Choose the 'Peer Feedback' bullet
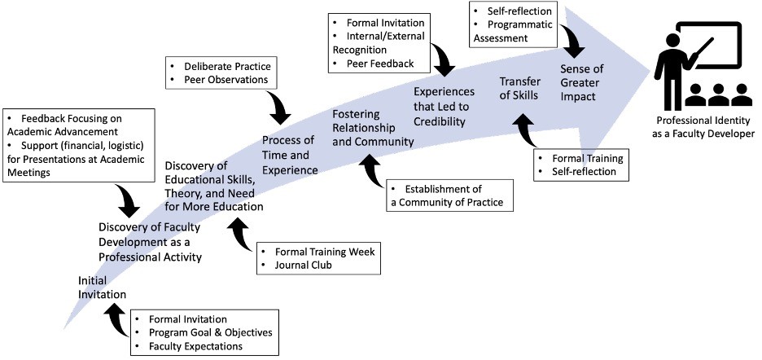click(x=379, y=63)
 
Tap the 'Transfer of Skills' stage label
click(x=519, y=88)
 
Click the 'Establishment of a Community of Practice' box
click(x=446, y=195)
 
